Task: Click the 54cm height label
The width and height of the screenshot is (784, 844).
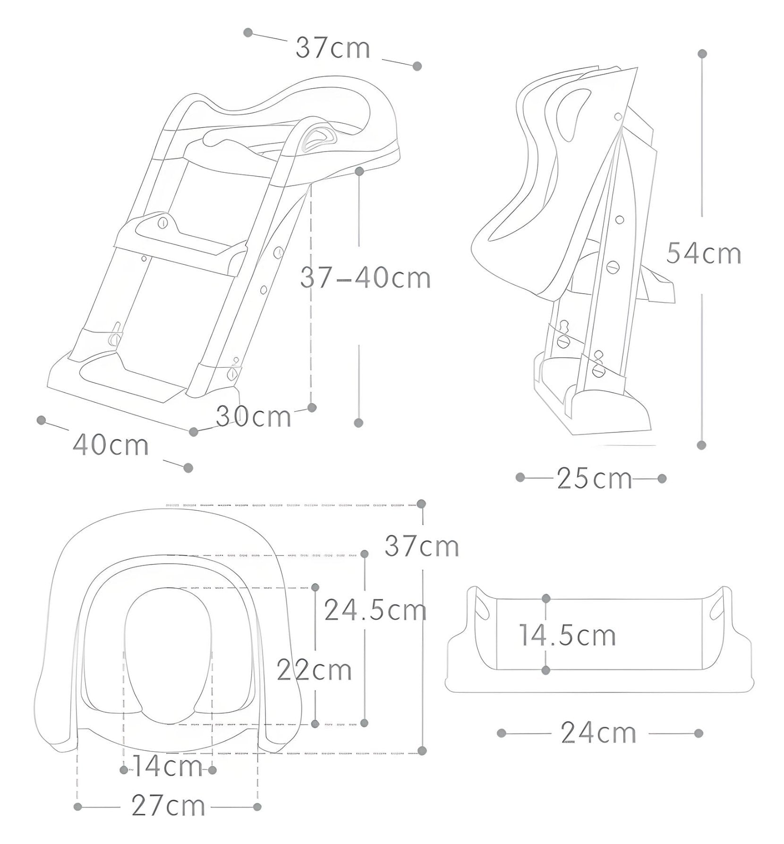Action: (x=703, y=253)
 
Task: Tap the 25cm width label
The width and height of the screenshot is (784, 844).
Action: (x=594, y=478)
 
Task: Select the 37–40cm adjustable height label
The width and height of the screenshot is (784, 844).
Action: (x=365, y=278)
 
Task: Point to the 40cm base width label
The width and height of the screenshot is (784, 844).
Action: (x=111, y=445)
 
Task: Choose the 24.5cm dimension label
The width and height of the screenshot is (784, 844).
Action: (x=375, y=610)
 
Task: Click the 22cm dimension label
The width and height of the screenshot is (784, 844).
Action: (x=314, y=669)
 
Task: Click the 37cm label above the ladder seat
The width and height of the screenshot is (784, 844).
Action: (x=333, y=48)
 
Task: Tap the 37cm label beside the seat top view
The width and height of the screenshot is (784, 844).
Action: (x=421, y=546)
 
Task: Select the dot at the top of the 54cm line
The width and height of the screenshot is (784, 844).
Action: (x=702, y=54)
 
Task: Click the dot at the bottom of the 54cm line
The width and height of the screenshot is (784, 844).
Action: (x=701, y=445)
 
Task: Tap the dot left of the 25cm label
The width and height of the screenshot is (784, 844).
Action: (x=520, y=478)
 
